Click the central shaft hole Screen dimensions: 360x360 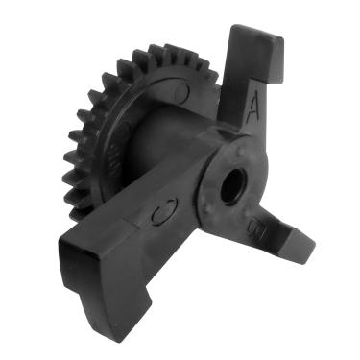coord(231,186)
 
